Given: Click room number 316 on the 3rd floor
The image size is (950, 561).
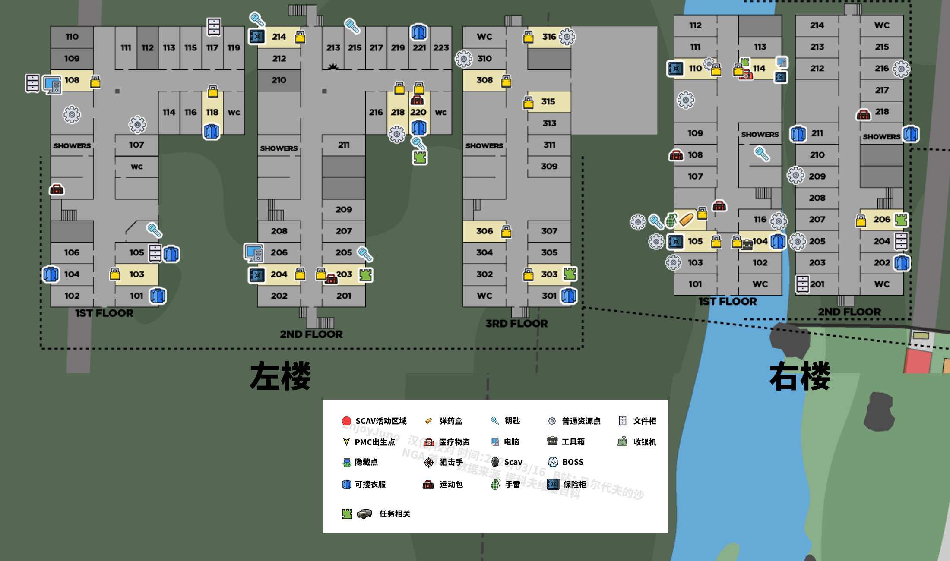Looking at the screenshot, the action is [x=549, y=37].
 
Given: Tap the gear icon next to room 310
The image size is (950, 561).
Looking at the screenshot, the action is [x=464, y=59].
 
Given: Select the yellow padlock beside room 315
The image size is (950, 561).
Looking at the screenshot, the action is [x=528, y=102].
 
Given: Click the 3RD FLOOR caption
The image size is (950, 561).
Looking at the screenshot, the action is [x=516, y=323].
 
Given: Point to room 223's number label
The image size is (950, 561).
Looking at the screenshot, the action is [x=441, y=47].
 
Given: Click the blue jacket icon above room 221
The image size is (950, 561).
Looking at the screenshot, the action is [x=418, y=32].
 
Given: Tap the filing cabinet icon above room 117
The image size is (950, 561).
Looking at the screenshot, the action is [x=214, y=27].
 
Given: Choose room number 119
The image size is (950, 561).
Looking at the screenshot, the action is [x=234, y=47].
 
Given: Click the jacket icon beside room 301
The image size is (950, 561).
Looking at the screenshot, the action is [x=569, y=296].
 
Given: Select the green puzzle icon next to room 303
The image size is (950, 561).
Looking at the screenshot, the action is [x=570, y=273].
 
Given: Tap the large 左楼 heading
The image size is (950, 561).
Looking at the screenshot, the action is [x=280, y=376].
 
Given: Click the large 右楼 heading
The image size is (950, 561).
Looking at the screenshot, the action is [x=799, y=376].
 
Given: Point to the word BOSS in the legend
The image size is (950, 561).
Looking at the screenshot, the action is [x=573, y=462].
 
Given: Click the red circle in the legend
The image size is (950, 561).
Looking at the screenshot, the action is [x=346, y=421].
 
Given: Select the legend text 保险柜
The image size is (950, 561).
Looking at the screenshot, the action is [x=575, y=484].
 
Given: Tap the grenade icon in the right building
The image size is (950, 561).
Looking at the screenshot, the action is [x=671, y=220].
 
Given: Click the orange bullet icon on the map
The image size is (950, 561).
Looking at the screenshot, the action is [x=686, y=220].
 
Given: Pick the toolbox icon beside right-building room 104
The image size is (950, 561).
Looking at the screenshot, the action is [x=747, y=245].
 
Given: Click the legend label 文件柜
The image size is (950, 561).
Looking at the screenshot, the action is [x=644, y=421].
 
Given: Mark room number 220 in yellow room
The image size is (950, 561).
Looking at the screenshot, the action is [x=418, y=112].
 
